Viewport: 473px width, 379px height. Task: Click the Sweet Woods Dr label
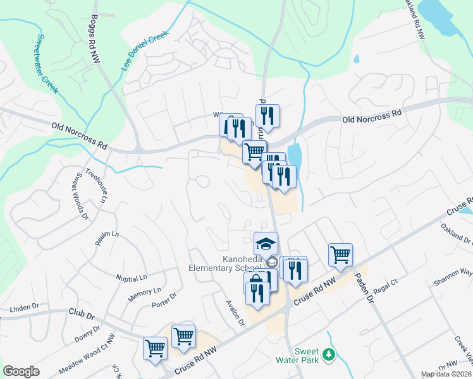pyautogui.click(x=80, y=196)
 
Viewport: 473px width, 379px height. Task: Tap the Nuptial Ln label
pyautogui.click(x=131, y=277)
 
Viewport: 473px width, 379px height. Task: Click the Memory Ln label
pyautogui.click(x=144, y=292)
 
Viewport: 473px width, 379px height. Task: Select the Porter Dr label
pyautogui.click(x=163, y=301)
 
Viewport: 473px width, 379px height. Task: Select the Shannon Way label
pyautogui.click(x=457, y=273)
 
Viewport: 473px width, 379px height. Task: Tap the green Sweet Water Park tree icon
pyautogui.click(x=328, y=355)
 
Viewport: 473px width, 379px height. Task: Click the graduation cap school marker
pyautogui.click(x=266, y=243)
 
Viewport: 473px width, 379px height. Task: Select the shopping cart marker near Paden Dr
pyautogui.click(x=340, y=254)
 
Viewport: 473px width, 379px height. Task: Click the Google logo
pyautogui.click(x=21, y=371)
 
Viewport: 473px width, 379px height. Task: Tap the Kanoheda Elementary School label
pyautogui.click(x=230, y=263)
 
